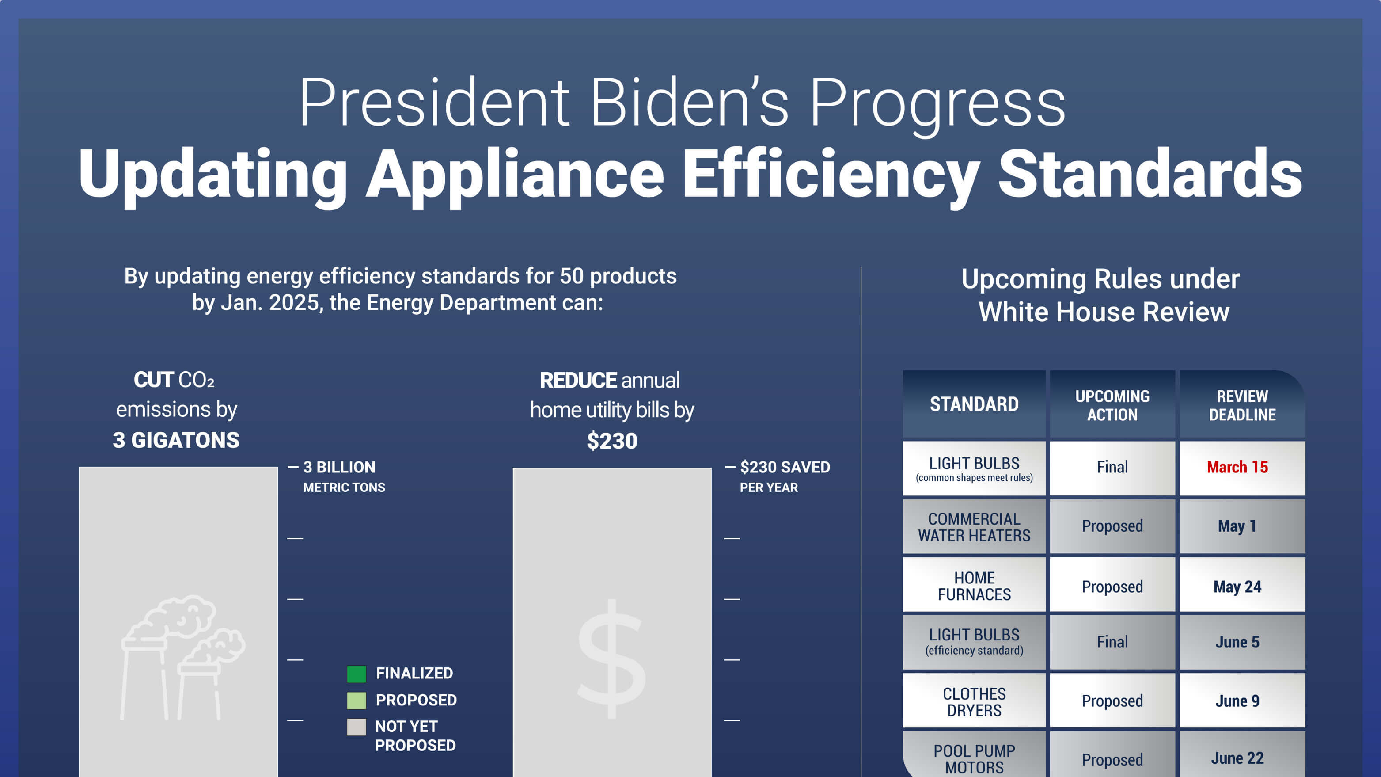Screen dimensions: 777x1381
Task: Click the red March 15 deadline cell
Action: (1237, 467)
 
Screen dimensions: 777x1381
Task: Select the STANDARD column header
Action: (974, 404)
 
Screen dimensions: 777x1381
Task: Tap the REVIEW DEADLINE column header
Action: (1242, 405)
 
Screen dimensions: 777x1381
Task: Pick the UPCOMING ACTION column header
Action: (1112, 405)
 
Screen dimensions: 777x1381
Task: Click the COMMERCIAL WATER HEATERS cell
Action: (974, 526)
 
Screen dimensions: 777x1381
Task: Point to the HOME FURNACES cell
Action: (974, 586)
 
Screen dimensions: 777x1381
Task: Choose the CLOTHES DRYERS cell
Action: (974, 701)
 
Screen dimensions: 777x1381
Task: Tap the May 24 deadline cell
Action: (1237, 587)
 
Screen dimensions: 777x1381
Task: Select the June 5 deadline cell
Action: (1237, 642)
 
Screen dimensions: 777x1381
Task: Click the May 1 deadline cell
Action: (1237, 526)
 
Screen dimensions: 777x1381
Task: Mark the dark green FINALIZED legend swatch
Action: (357, 674)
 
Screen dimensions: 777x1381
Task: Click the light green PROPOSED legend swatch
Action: (357, 701)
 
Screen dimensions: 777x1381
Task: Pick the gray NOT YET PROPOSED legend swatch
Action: (357, 727)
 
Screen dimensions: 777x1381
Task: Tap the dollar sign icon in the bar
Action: (612, 659)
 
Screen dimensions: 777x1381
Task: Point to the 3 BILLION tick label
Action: (339, 467)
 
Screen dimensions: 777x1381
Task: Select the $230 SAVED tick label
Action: (785, 467)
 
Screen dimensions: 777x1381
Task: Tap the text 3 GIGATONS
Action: (176, 440)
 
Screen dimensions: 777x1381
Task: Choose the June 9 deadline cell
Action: (1237, 701)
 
